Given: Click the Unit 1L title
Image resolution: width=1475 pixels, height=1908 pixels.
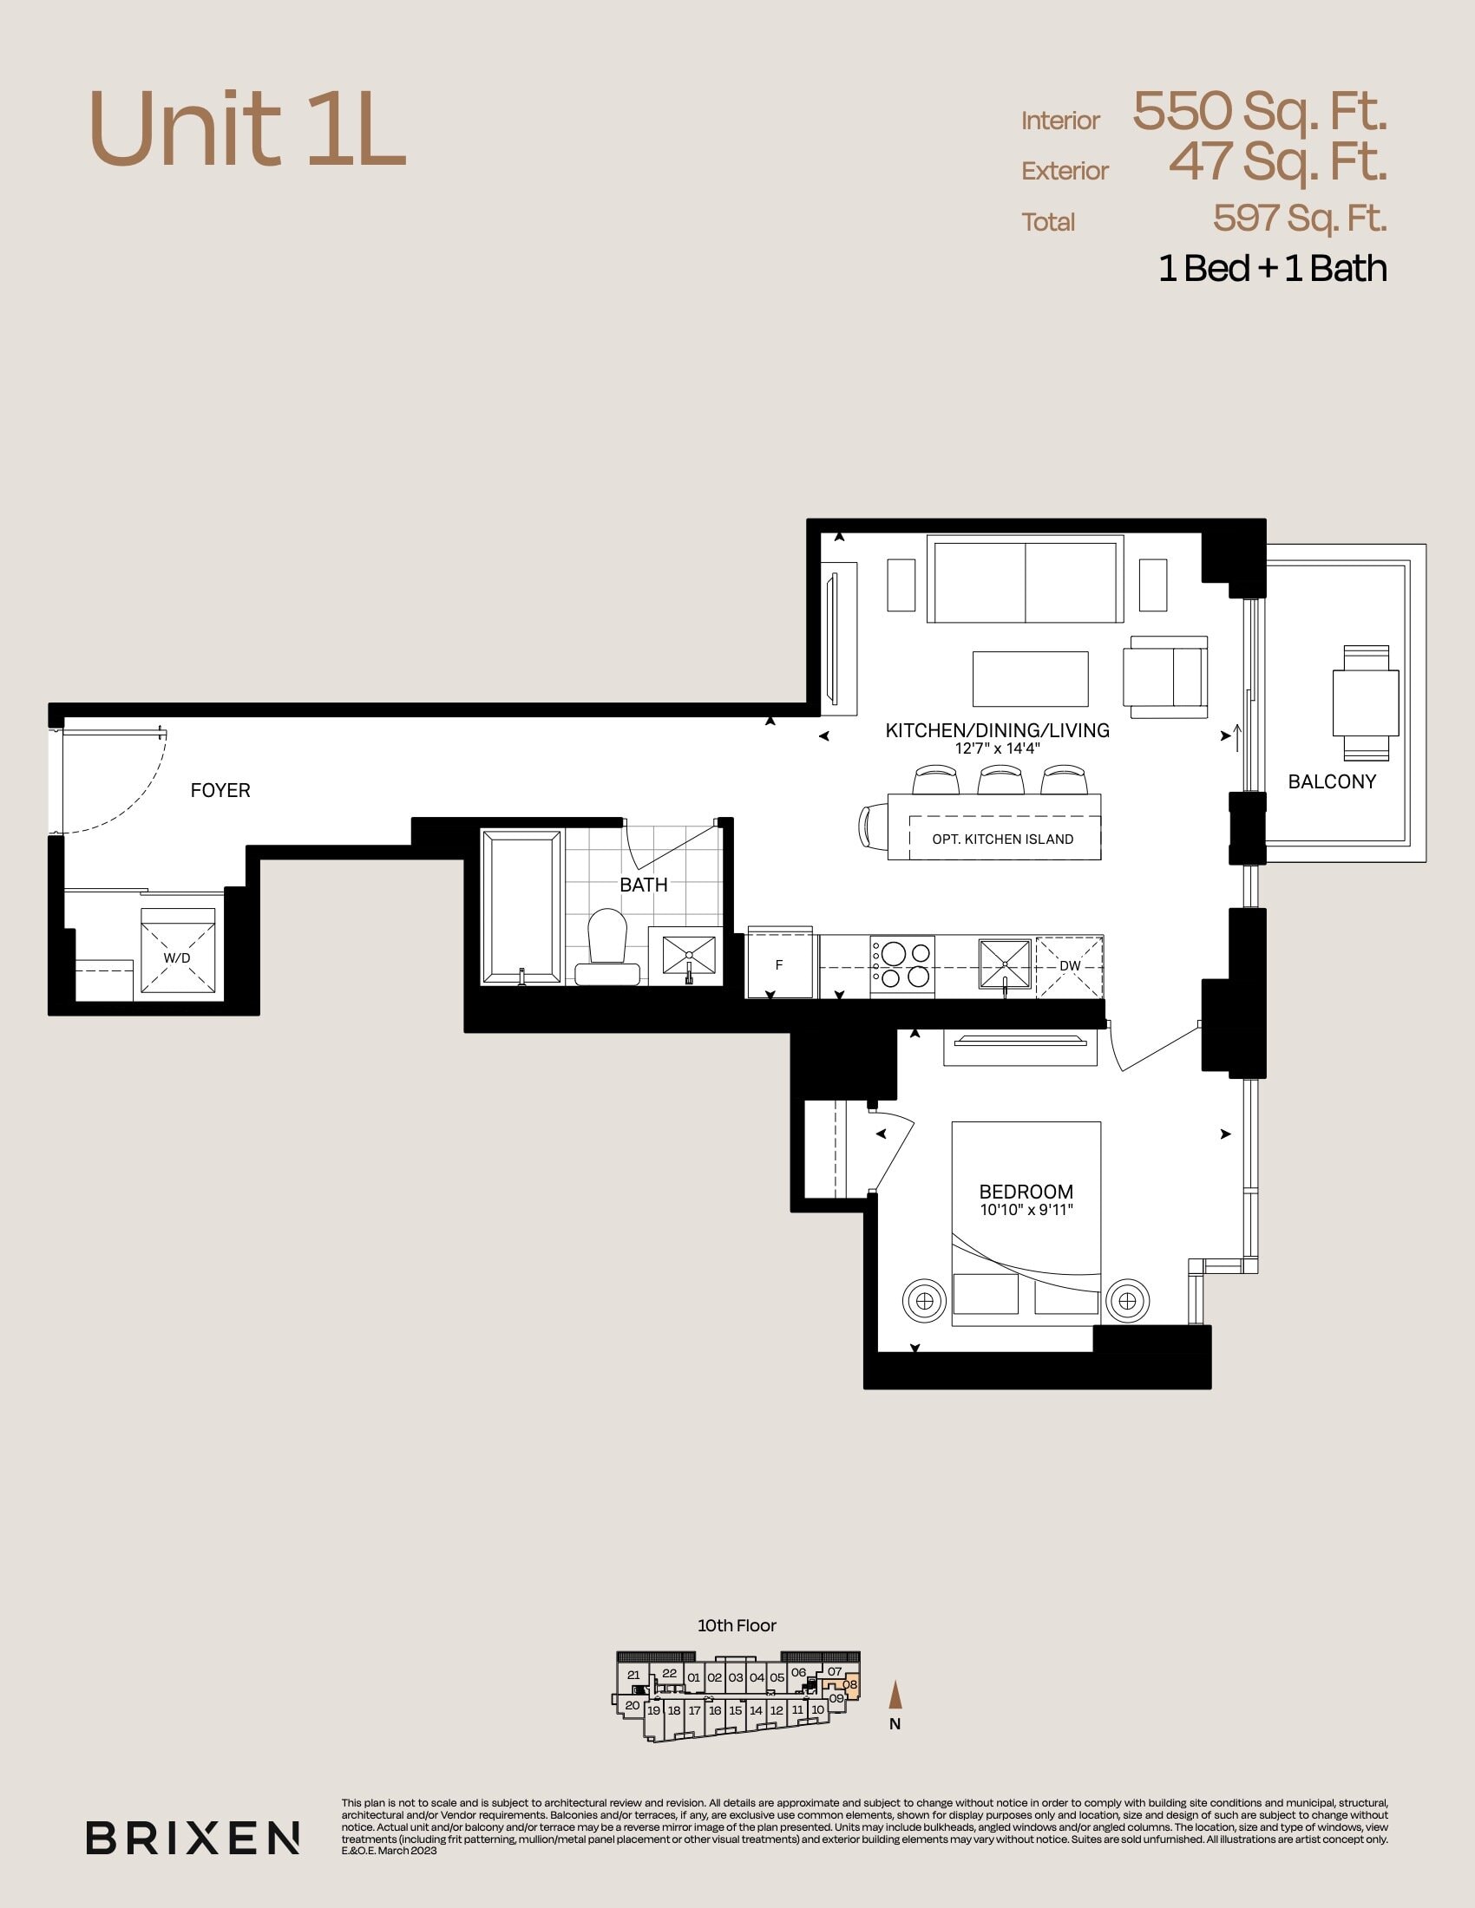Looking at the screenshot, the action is click(247, 130).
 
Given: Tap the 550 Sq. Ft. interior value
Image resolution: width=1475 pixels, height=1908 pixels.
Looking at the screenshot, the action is click(1260, 111).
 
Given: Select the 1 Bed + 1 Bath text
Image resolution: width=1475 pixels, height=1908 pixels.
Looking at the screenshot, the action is click(1272, 268).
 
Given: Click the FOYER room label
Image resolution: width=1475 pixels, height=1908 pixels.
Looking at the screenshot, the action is click(220, 790).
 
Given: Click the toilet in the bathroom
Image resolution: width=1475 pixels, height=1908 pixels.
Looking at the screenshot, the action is click(607, 947).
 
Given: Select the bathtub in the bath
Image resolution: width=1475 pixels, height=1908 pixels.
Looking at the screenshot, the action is click(521, 908).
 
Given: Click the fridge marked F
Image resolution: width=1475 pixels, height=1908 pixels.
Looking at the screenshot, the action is click(779, 963).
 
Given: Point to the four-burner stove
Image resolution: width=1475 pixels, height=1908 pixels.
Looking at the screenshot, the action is click(901, 965).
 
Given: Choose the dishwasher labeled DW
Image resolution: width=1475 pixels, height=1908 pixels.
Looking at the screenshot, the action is click(1070, 967).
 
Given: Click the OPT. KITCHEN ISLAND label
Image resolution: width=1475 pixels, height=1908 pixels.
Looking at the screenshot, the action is click(1003, 839).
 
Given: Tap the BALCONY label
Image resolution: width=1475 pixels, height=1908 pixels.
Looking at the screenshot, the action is click(1332, 781).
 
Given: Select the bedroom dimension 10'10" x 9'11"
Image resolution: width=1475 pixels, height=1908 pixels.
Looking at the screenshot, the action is click(1026, 1210).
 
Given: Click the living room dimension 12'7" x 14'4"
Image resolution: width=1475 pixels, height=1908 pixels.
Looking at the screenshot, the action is click(997, 748).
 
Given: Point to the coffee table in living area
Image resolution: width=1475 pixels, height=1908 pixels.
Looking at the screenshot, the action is click(1030, 679).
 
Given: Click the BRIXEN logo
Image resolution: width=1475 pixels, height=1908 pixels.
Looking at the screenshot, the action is click(193, 1838).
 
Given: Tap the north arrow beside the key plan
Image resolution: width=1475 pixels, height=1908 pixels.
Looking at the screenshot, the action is click(895, 1696).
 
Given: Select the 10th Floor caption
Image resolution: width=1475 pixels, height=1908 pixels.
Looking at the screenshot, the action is click(737, 1626).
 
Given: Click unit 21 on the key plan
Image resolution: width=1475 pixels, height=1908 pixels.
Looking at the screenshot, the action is click(633, 1675).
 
